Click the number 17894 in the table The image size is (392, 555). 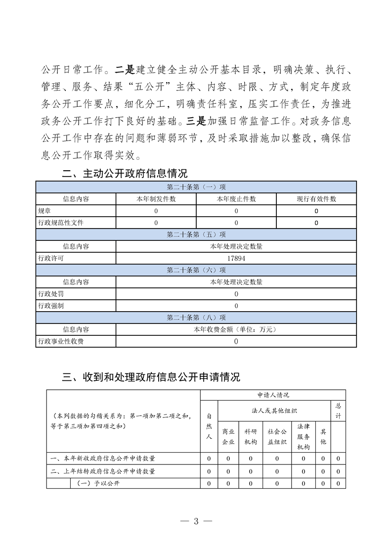point(236,258)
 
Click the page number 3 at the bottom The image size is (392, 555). point(196,520)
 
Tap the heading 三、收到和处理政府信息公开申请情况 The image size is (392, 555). point(151,377)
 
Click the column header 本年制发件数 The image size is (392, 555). point(156,199)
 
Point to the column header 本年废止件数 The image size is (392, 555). point(236,199)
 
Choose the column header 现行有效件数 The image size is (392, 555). point(316,199)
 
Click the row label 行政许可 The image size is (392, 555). point(51,258)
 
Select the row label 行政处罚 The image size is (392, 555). point(51,294)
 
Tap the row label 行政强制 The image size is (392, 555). point(51,306)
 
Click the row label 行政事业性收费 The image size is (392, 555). point(61,341)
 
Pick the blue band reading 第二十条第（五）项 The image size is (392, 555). point(196,234)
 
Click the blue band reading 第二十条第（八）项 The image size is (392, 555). point(196,318)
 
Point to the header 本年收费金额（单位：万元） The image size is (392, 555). point(236,329)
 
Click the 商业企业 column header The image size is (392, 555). point(228,436)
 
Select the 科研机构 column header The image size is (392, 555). point(251,436)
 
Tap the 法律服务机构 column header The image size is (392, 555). point(303,436)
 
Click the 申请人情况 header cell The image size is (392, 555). point(273,395)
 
